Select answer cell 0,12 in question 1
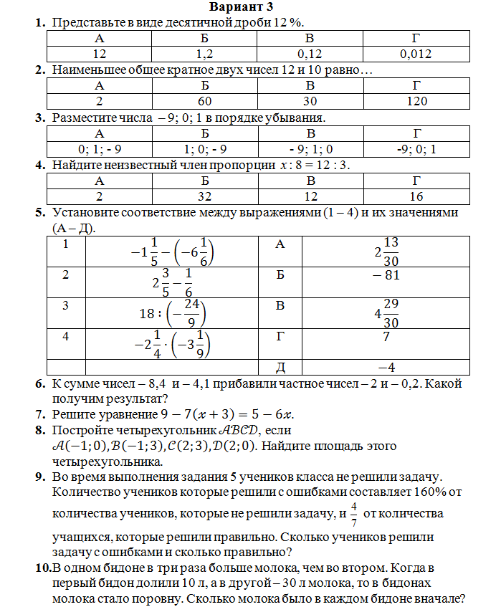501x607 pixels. click(x=310, y=53)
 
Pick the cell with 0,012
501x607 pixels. click(x=416, y=53)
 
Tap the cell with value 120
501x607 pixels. click(x=416, y=101)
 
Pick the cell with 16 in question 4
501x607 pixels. click(x=416, y=196)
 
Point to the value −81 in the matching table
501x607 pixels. click(x=386, y=276)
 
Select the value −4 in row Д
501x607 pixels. click(x=386, y=367)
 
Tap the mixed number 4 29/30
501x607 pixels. click(x=386, y=313)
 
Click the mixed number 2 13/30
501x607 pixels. click(x=386, y=252)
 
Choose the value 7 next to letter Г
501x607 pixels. click(x=386, y=335)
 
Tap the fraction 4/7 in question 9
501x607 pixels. click(x=353, y=514)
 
